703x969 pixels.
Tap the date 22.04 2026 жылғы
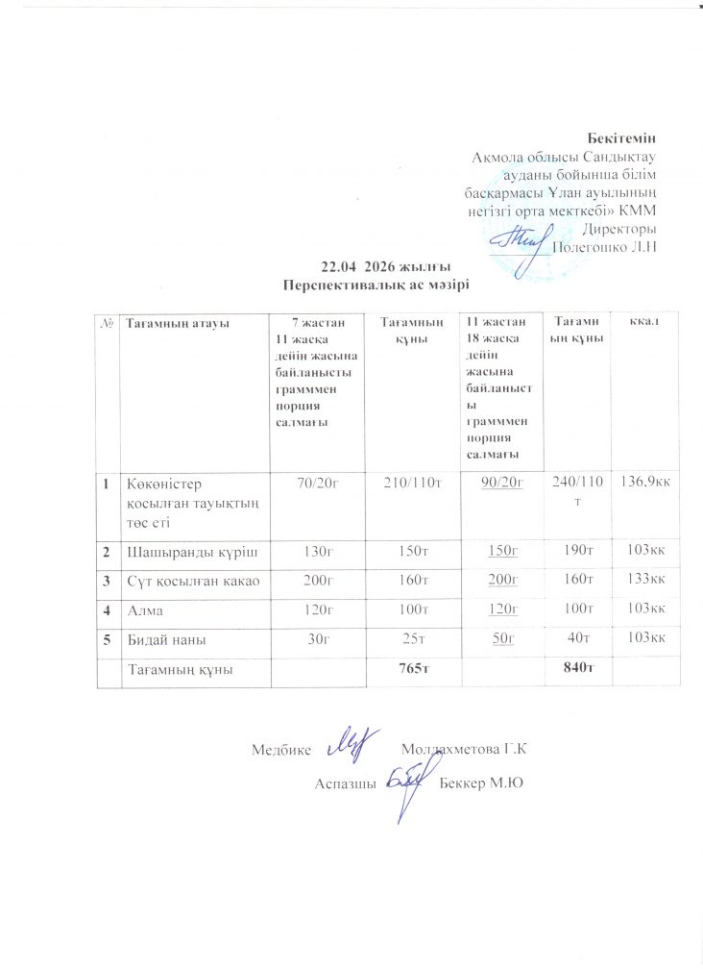point(377,266)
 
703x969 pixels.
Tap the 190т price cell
point(573,551)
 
